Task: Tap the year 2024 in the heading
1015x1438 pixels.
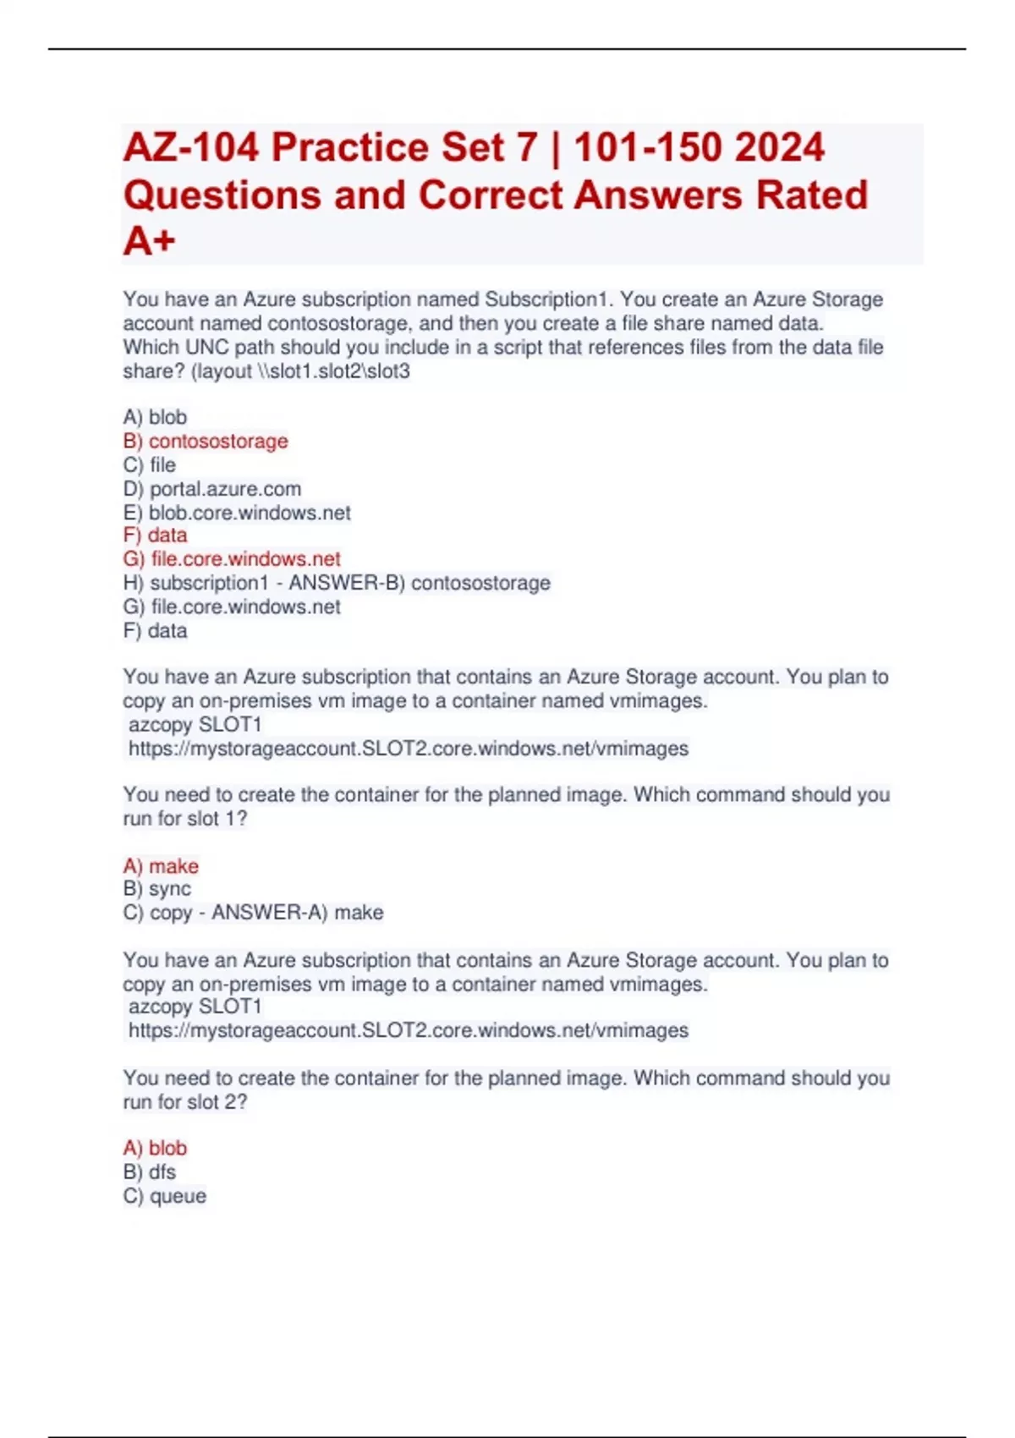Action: click(779, 148)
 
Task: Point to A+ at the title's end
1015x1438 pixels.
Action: click(150, 241)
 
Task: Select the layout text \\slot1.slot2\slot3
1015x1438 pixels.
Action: click(333, 371)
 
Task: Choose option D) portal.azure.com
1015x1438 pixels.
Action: click(212, 489)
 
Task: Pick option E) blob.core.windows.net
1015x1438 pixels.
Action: click(237, 513)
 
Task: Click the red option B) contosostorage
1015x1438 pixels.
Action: click(206, 442)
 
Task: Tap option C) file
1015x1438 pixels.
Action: click(150, 465)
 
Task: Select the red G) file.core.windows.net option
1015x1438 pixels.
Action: click(232, 559)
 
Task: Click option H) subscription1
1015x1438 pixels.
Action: click(195, 583)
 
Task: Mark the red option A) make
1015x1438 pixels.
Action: click(161, 866)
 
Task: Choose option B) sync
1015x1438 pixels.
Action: click(157, 889)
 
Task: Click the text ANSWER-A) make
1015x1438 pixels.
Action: click(297, 913)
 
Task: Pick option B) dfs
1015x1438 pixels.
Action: click(150, 1172)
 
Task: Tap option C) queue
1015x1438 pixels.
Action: click(165, 1196)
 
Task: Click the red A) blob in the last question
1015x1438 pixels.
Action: click(155, 1148)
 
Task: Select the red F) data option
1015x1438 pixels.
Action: click(156, 535)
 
